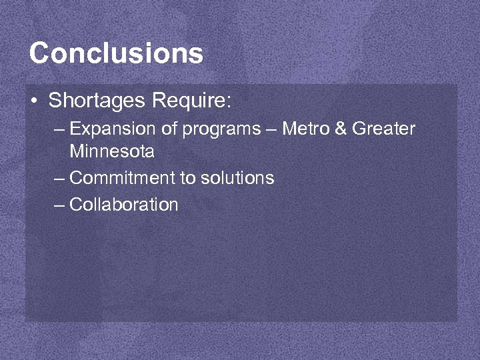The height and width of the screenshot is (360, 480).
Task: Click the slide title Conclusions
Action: pos(116,53)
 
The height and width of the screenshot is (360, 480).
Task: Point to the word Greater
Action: pos(383,128)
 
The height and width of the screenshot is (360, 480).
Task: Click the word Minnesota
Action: pos(112,151)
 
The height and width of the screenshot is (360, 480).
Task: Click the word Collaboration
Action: pos(124,205)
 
